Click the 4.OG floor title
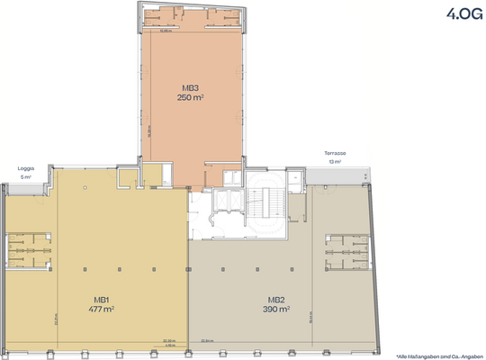coord(458,13)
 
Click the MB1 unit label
coord(102,300)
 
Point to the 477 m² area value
coord(102,309)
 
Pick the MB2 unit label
coord(276,300)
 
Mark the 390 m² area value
coord(276,309)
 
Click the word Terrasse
coord(336,154)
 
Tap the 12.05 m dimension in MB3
coord(166,31)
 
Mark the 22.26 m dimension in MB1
coord(168,340)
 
